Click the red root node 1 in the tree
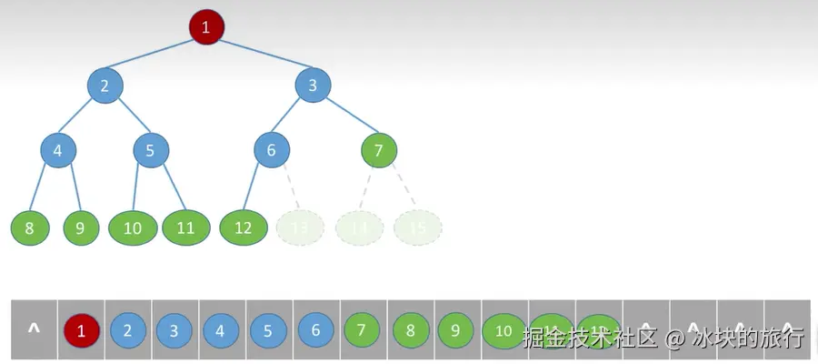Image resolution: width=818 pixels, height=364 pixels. pos(205,27)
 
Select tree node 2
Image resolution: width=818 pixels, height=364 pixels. pos(105,86)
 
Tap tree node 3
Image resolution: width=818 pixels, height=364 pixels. pos(313,86)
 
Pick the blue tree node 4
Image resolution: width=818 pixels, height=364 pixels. pos(58,150)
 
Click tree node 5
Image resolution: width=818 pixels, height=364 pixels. pos(151,150)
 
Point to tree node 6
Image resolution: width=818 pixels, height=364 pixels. pos(271,150)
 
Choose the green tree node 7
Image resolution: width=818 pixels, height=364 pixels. pos(379,150)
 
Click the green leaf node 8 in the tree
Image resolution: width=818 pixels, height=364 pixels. pos(29,227)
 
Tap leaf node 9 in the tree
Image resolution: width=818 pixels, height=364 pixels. pos(80,227)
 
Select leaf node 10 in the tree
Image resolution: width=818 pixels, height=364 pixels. pos(133,227)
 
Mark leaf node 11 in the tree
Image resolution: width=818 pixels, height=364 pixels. pos(185,227)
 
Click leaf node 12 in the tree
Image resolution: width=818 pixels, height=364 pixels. pos(243,227)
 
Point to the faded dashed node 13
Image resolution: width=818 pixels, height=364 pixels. pos(300,227)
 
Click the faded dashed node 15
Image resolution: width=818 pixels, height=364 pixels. pos(417,227)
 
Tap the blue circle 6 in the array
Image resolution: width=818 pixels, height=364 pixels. pos(315,330)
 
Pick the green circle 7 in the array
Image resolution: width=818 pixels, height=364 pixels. pos(362,330)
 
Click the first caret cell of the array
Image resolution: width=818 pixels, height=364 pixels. pos(34,329)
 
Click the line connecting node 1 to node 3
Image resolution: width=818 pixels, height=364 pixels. pos(259,56)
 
